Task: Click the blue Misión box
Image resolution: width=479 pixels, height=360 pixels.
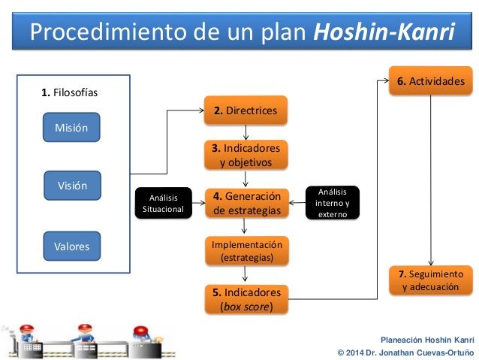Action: (x=71, y=127)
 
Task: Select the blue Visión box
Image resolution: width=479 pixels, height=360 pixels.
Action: (x=72, y=186)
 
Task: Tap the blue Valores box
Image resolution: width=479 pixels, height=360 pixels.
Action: (x=72, y=247)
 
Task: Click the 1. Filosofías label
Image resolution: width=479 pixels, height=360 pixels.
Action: (x=69, y=92)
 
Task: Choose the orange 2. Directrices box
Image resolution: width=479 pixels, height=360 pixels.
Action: (x=246, y=110)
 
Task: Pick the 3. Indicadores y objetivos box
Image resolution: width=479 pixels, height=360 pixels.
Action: (x=246, y=155)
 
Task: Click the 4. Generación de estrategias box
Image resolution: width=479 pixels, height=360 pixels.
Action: (x=247, y=204)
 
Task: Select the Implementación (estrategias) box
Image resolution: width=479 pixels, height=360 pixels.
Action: (x=247, y=251)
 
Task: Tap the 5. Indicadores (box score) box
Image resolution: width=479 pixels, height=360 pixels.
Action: (x=246, y=299)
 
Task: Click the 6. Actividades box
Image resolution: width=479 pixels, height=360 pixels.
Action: (x=431, y=80)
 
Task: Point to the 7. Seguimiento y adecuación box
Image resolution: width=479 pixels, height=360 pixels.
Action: (x=431, y=280)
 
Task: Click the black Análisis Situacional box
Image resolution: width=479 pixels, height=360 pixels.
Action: (x=164, y=203)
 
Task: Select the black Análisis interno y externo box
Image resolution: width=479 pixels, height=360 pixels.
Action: (x=333, y=203)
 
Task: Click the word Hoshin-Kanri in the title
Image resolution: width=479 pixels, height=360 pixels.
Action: (x=384, y=32)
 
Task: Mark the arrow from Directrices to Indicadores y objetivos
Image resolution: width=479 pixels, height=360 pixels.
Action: (x=246, y=132)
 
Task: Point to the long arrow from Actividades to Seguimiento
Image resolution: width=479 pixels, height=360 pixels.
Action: (x=431, y=180)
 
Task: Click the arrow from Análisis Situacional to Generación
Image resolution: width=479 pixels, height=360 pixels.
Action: (x=198, y=203)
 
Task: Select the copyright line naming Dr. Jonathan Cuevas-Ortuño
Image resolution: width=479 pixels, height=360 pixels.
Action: (x=405, y=352)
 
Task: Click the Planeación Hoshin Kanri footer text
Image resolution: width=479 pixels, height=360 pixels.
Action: (x=427, y=340)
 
